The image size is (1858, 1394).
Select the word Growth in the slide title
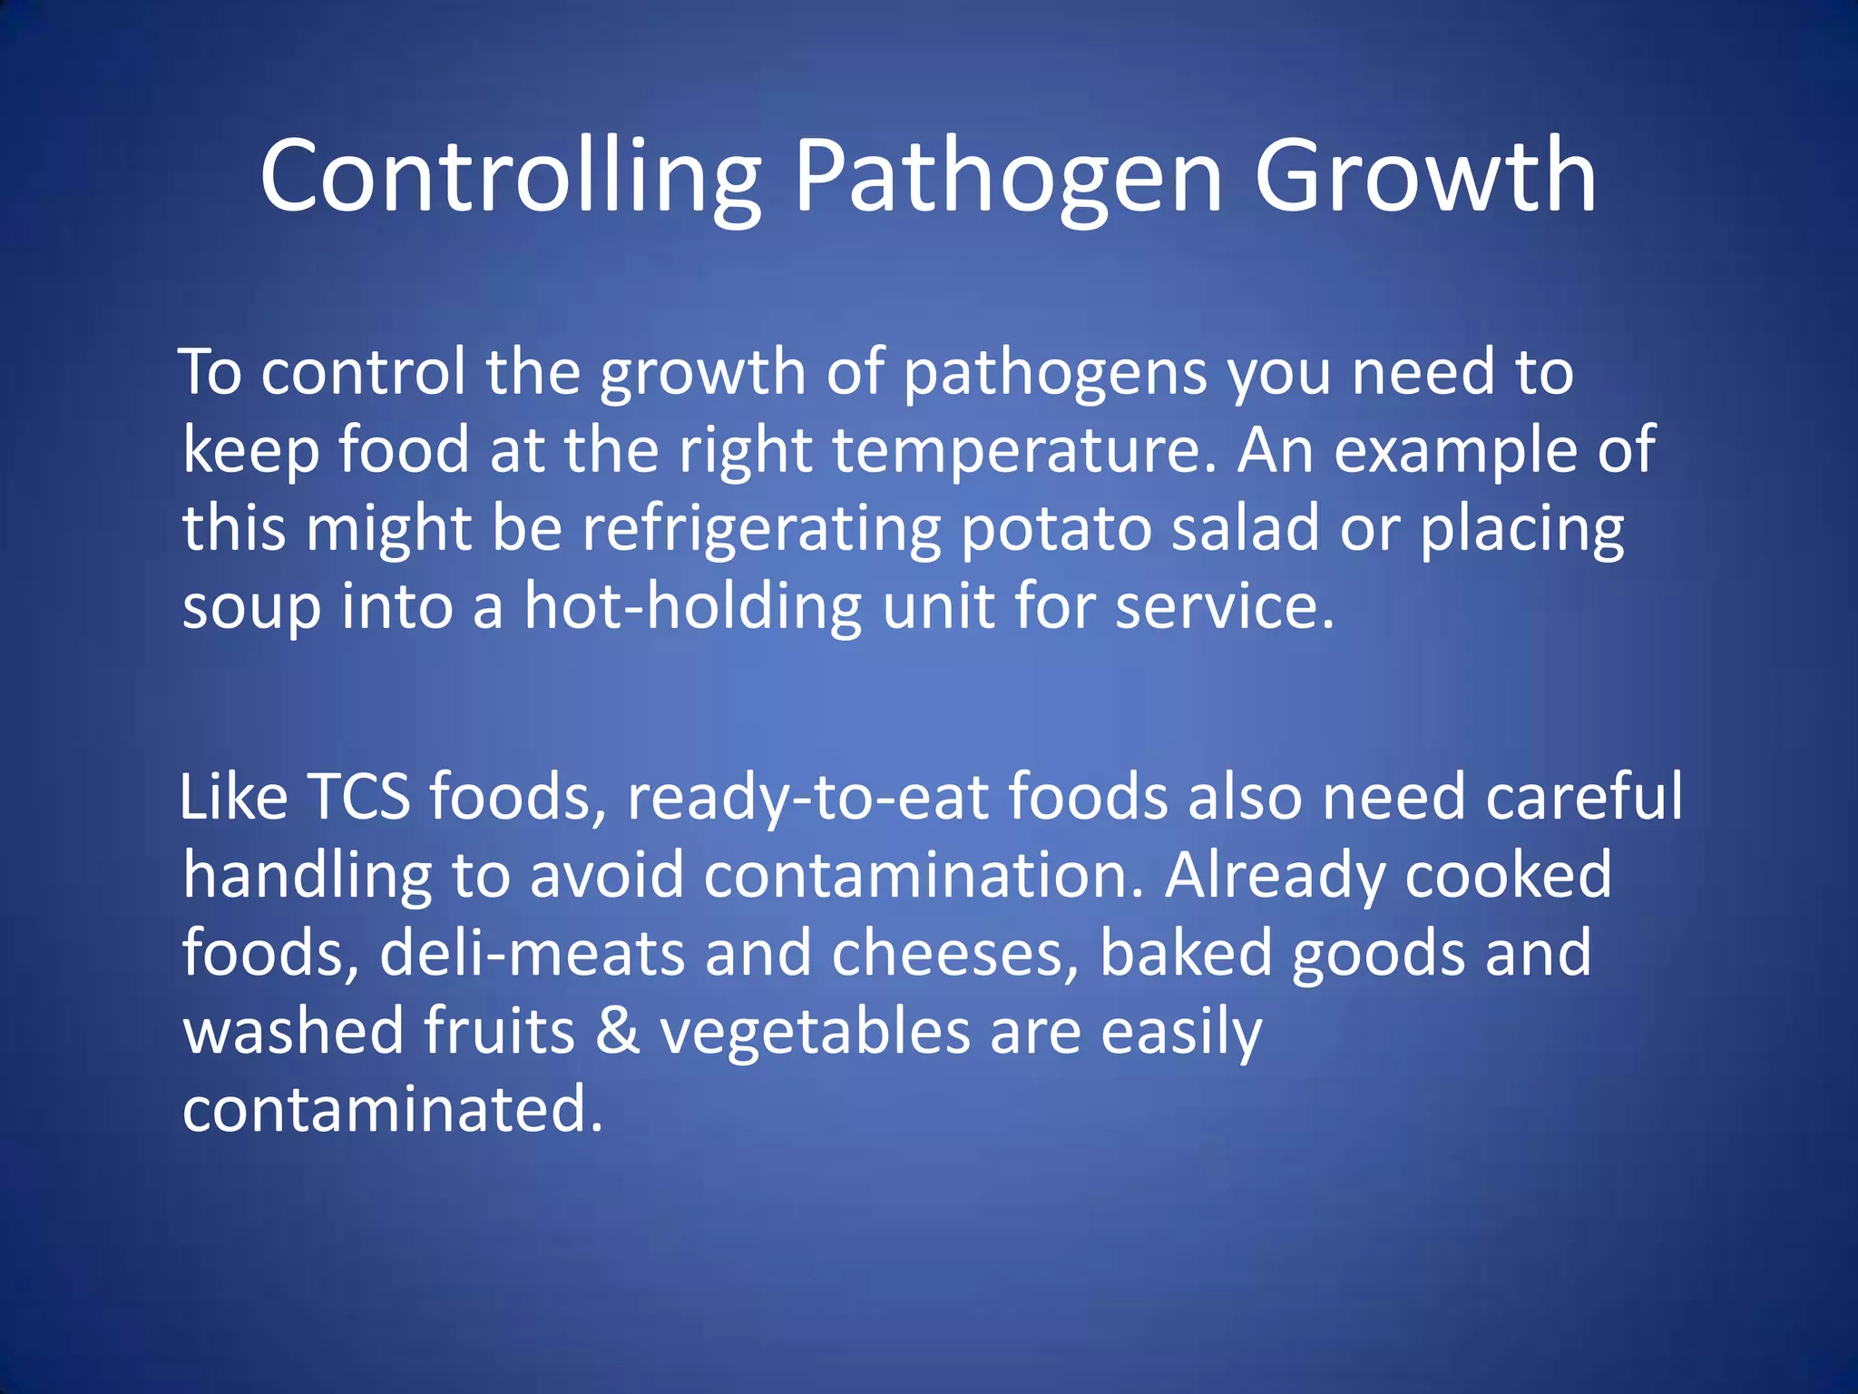(x=1424, y=177)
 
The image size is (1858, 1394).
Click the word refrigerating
(x=761, y=530)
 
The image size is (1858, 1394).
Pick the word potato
(x=1055, y=530)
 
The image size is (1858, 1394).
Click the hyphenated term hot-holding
(x=692, y=606)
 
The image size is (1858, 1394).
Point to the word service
(x=1224, y=606)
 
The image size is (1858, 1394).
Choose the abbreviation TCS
(x=359, y=797)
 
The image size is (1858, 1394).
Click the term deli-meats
(x=532, y=954)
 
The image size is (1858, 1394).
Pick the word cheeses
(x=955, y=954)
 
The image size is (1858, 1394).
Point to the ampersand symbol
(x=617, y=1032)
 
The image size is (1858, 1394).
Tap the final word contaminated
(x=392, y=1110)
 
